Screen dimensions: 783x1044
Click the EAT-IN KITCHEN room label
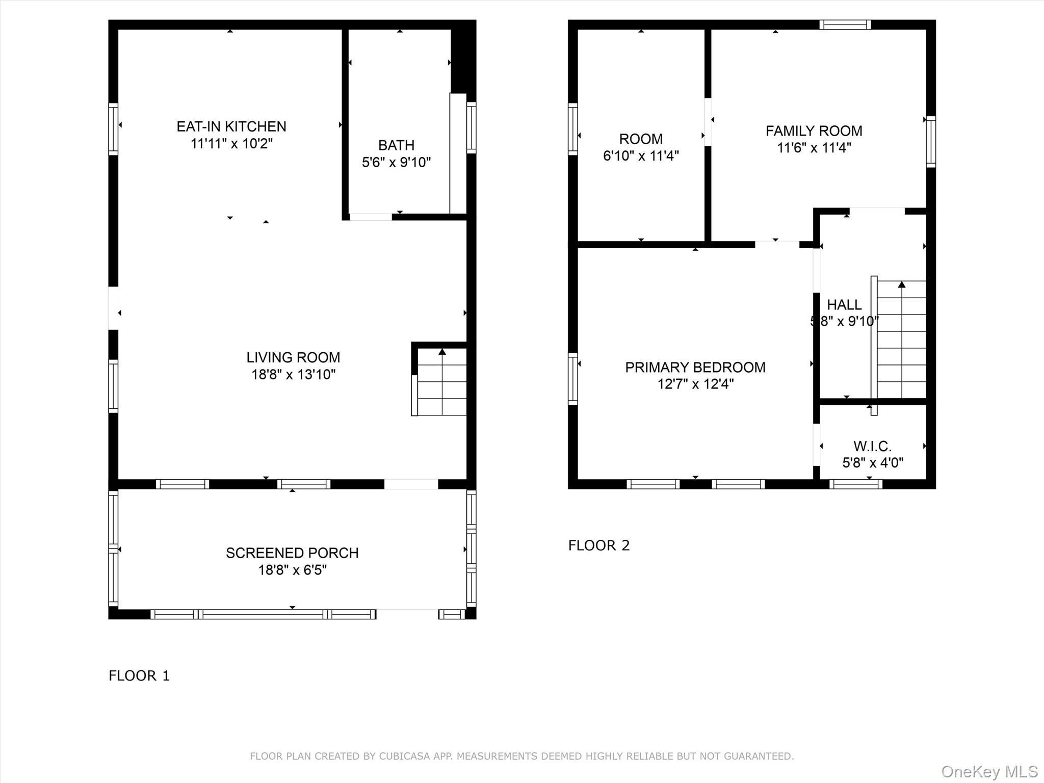pyautogui.click(x=231, y=126)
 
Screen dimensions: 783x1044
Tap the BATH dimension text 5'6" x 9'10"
pyautogui.click(x=396, y=163)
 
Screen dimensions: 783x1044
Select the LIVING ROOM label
pyautogui.click(x=293, y=357)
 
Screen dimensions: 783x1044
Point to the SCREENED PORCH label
pyautogui.click(x=292, y=553)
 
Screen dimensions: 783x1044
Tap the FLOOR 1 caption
pyautogui.click(x=139, y=675)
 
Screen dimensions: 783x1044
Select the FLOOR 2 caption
pyautogui.click(x=599, y=545)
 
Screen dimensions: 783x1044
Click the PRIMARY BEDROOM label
pyautogui.click(x=695, y=367)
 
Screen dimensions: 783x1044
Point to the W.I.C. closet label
pyautogui.click(x=872, y=447)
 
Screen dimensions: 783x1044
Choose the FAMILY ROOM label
pyautogui.click(x=814, y=131)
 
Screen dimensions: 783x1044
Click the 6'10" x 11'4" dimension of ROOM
pyautogui.click(x=641, y=156)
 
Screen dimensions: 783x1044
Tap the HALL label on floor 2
pyautogui.click(x=844, y=305)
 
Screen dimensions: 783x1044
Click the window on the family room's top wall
pyautogui.click(x=845, y=24)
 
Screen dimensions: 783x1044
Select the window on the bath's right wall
pyautogui.click(x=472, y=127)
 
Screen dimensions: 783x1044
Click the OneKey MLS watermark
pyautogui.click(x=989, y=771)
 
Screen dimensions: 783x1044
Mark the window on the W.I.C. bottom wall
pyautogui.click(x=855, y=484)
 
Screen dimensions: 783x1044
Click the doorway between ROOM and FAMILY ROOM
pyautogui.click(x=708, y=122)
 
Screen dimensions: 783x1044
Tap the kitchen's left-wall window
pyautogui.click(x=113, y=129)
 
